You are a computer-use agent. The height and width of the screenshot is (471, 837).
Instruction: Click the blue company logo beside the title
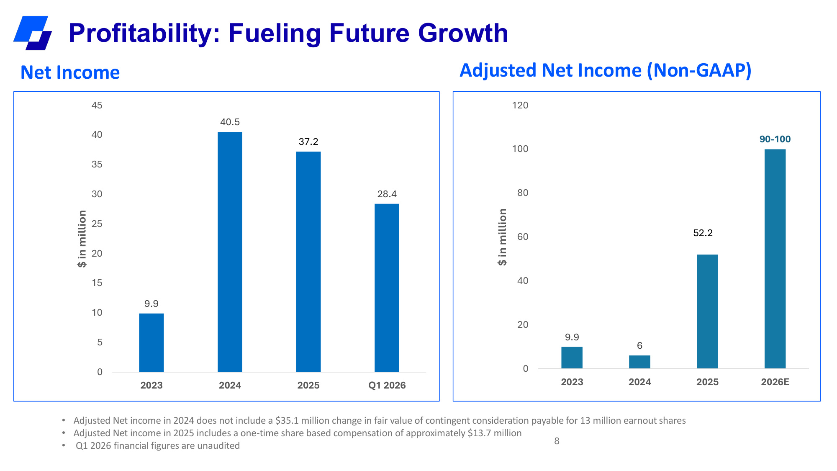pos(33,33)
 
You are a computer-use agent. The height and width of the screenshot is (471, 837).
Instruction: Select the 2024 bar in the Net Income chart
pos(230,252)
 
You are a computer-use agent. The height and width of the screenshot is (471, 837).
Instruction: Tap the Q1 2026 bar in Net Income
pos(387,288)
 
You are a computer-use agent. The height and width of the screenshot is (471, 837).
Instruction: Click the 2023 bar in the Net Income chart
pos(151,342)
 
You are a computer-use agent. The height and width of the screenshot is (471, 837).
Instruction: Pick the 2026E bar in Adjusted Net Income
pos(775,259)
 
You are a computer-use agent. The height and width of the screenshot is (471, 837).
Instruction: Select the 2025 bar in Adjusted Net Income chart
pos(707,311)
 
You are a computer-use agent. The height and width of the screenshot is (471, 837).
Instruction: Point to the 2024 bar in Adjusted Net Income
pos(639,362)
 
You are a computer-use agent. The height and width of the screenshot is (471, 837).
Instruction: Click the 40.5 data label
pos(230,122)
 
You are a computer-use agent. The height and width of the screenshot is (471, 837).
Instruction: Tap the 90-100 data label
pos(775,139)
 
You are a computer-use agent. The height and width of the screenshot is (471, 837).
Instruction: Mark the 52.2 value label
pos(703,233)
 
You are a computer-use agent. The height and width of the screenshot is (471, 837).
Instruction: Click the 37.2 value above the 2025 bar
pos(308,142)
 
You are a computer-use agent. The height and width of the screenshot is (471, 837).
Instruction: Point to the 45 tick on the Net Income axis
pos(97,105)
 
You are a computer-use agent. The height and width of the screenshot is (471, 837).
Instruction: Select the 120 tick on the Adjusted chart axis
pos(520,105)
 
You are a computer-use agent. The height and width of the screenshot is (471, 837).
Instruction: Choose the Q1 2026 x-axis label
pos(387,385)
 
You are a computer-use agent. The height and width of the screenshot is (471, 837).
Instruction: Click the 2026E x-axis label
pos(775,382)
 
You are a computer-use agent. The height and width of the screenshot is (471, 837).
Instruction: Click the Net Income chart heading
pos(70,72)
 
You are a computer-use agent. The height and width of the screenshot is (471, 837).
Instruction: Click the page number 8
pos(557,441)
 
